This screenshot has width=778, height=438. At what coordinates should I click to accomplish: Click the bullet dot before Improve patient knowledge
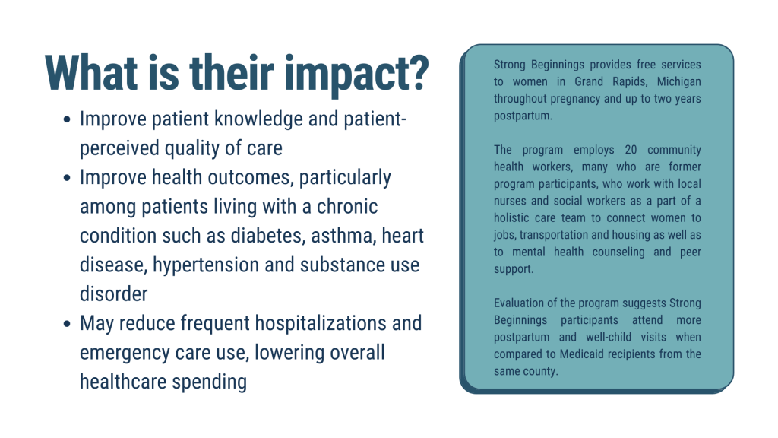[x=68, y=120]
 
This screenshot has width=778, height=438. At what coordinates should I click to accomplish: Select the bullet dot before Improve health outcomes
[x=68, y=178]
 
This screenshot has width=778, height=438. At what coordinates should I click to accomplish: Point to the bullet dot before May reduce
[x=68, y=323]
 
